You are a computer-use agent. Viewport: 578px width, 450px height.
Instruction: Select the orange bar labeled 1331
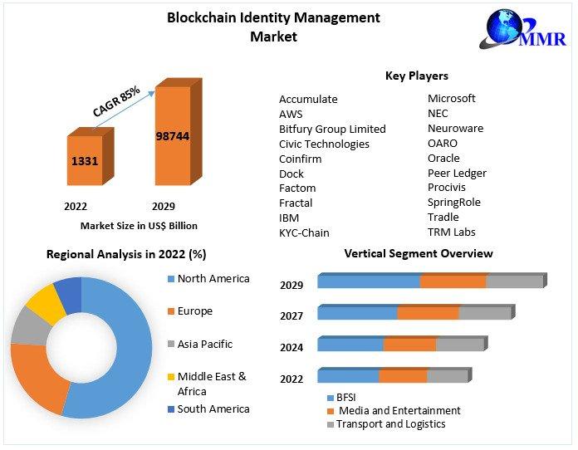point(85,161)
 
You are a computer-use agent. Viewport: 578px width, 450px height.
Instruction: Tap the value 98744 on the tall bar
point(173,135)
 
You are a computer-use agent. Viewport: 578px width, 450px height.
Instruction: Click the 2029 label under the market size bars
point(163,206)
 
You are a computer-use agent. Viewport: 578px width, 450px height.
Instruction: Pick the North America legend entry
point(213,279)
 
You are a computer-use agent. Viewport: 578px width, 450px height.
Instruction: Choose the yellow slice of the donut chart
point(46,305)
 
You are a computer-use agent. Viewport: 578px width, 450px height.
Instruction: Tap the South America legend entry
point(213,408)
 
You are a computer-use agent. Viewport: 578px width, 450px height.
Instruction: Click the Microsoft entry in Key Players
point(451,98)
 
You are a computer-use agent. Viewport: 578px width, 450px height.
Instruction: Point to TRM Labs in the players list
point(451,232)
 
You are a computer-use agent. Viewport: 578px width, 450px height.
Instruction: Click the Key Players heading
point(416,76)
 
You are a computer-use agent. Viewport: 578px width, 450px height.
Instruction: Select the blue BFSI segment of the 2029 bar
point(369,281)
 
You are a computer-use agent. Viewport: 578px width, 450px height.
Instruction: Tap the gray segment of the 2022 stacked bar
point(447,376)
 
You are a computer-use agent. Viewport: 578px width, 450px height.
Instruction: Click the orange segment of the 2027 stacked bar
point(428,313)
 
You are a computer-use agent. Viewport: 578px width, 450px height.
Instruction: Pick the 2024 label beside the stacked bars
point(291,347)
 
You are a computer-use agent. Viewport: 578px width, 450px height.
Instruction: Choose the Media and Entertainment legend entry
point(398,410)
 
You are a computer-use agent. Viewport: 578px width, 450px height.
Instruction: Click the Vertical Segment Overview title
point(418,253)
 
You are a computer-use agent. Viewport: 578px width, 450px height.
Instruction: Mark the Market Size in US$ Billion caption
point(139,225)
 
